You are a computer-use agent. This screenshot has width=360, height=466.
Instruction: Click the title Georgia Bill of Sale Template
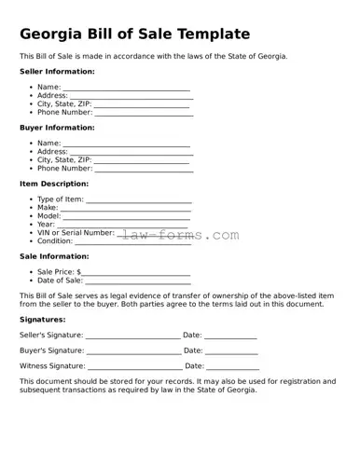pos(135,34)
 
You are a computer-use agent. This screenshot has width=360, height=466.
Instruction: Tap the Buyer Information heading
pos(57,127)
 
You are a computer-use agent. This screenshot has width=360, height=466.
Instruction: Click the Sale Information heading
pos(54,255)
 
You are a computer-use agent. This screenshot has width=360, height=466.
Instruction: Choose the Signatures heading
pos(42,319)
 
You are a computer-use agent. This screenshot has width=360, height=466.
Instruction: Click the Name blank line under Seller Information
pos(127,88)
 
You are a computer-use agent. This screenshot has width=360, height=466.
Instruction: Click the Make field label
pos(47,208)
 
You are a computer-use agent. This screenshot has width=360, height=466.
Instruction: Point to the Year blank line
pos(123,226)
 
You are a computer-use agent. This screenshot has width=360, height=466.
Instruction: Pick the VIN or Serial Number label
pos(76,233)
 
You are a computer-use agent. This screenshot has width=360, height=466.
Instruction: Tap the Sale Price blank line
pos(136,273)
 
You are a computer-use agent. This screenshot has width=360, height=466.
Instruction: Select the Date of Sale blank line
pos(138,281)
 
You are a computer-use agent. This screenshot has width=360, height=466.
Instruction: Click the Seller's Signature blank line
pos(132,336)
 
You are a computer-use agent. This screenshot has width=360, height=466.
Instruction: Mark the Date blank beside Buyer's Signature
pos(231,351)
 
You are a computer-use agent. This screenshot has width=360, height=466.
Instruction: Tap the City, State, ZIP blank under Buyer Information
pos(141,161)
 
